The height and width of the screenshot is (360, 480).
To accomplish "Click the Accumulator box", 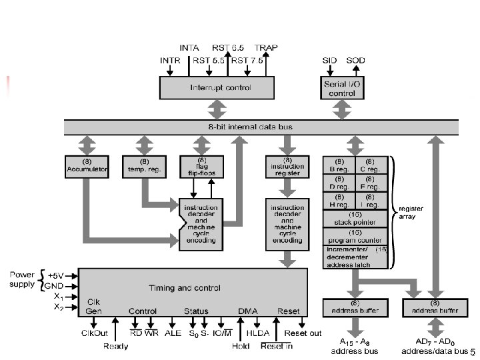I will (x=82, y=167).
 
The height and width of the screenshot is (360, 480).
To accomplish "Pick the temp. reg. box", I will (x=143, y=167).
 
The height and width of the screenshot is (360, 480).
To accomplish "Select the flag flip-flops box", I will (x=202, y=167).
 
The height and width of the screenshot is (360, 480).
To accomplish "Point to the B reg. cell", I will (x=339, y=165).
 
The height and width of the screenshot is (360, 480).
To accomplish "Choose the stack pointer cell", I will (x=355, y=219).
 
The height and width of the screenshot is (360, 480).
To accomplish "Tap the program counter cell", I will (x=355, y=236).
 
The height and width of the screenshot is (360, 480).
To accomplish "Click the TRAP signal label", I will (x=266, y=48).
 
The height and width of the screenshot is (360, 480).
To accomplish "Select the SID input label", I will (x=329, y=60).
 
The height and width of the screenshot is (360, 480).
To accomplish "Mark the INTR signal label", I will (x=171, y=60).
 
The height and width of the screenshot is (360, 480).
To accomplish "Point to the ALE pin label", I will (x=172, y=332).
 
